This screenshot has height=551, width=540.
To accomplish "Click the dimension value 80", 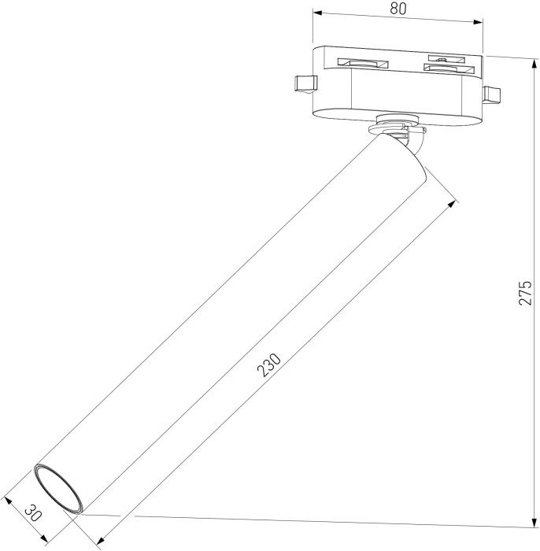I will [398, 9].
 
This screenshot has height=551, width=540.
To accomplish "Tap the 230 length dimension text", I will [269, 366].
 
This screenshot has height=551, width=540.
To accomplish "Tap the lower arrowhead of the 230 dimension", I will [100, 541].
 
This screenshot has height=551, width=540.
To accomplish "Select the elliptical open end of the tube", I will [57, 490].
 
